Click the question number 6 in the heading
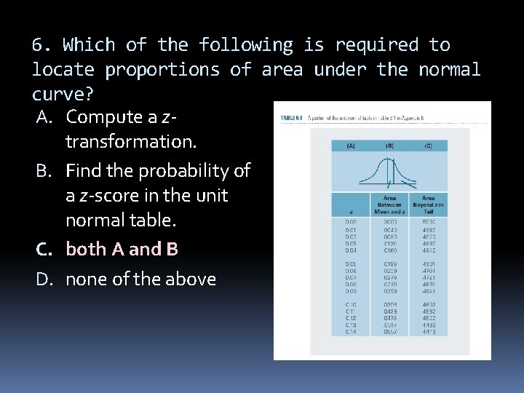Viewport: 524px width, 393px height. point(41,45)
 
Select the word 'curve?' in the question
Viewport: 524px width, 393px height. point(57,95)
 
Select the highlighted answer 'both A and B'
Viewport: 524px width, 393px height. point(122,250)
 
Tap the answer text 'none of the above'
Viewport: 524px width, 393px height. point(140,279)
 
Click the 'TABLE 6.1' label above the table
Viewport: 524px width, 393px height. point(293,119)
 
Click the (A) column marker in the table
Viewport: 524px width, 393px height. point(351,146)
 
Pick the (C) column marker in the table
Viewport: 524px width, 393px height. point(428,146)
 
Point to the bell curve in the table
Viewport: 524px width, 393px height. point(389,172)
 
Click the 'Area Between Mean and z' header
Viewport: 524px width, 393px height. point(389,205)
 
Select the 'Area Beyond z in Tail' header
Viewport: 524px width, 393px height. point(428,205)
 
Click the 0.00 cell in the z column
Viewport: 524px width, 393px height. point(352,222)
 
